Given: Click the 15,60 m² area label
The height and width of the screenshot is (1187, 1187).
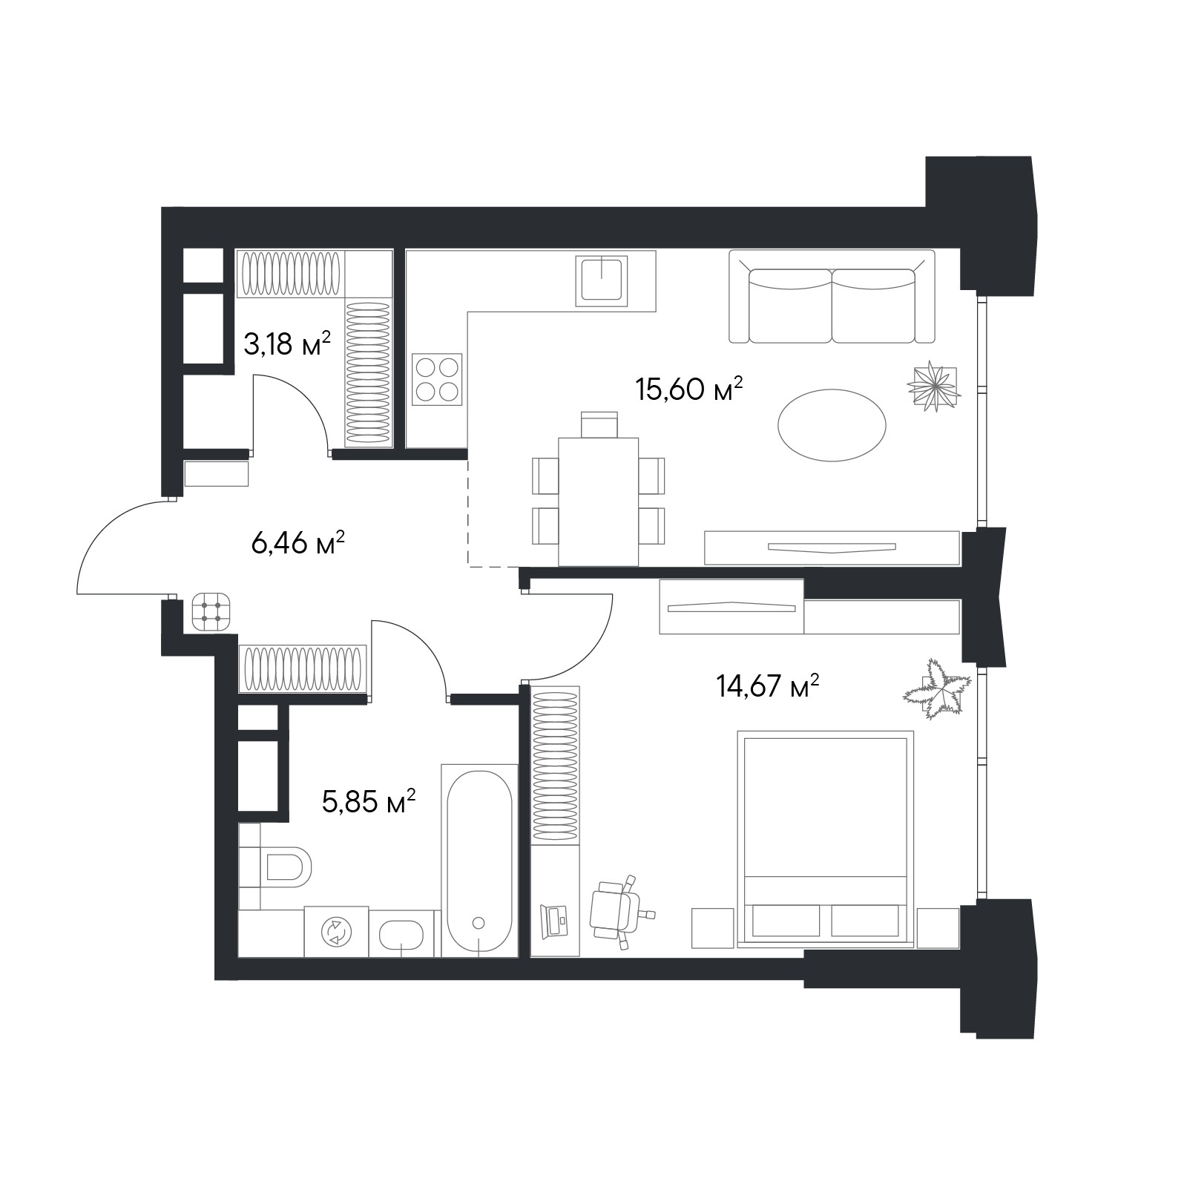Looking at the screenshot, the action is [689, 389].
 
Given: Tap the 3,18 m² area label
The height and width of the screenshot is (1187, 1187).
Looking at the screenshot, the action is [287, 344].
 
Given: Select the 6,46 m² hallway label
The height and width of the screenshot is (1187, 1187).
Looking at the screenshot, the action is [298, 543].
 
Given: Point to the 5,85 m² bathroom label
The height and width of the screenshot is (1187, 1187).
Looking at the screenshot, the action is [369, 801].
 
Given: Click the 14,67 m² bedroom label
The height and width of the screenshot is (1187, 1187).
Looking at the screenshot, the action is [768, 686].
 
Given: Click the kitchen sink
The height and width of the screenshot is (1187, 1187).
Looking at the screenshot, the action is [602, 280].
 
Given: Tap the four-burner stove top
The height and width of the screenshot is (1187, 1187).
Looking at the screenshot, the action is [437, 379].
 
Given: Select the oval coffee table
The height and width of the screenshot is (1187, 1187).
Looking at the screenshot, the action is [832, 425].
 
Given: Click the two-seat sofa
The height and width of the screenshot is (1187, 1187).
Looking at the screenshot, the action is [832, 297].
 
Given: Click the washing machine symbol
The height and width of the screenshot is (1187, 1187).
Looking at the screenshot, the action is [336, 931].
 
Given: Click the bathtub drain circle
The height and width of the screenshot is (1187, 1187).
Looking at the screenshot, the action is [479, 923].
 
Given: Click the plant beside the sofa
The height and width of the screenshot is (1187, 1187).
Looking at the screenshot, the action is [933, 385].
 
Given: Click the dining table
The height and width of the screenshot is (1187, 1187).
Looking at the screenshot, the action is [599, 502].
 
